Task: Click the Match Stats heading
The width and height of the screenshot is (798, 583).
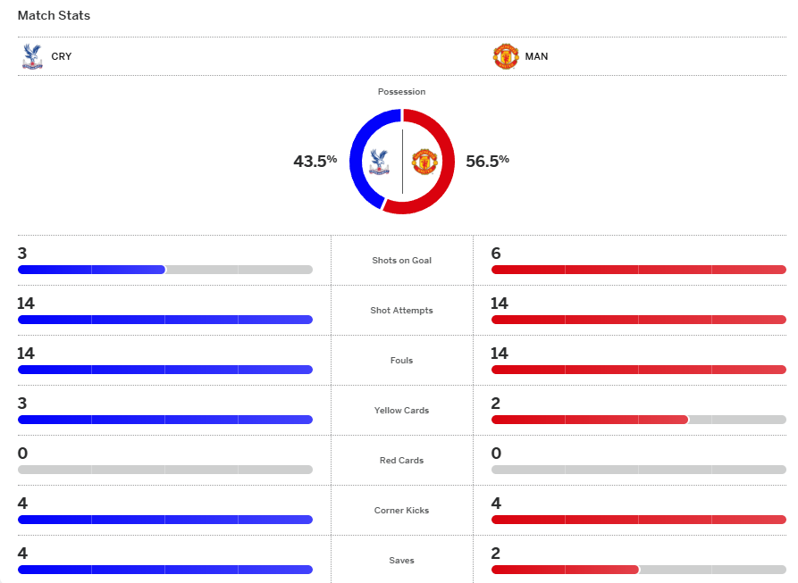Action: click(54, 16)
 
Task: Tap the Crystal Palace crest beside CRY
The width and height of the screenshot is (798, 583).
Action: click(32, 56)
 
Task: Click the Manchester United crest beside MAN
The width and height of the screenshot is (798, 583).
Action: click(506, 56)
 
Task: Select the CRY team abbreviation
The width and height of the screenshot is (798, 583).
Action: click(62, 56)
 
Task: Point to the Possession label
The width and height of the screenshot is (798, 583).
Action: click(401, 92)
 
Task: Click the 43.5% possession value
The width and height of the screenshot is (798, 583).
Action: click(315, 161)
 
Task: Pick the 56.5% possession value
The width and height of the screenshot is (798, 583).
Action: click(487, 161)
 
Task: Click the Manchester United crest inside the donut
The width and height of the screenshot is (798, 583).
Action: click(423, 162)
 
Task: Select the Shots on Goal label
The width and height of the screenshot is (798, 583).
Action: click(401, 261)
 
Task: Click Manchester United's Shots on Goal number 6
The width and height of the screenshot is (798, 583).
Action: click(496, 254)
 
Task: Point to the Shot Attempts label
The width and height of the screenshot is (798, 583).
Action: click(401, 311)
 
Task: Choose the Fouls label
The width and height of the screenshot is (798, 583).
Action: click(401, 361)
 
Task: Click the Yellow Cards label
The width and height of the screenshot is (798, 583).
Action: click(401, 411)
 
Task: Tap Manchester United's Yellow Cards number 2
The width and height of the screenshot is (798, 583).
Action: click(496, 404)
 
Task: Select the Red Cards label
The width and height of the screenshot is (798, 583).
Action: click(401, 461)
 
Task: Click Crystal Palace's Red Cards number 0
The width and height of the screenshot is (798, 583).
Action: click(22, 454)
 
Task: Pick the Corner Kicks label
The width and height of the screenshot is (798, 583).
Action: click(401, 511)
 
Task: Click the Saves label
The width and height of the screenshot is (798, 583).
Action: click(401, 561)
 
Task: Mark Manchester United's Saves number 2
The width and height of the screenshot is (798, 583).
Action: click(496, 554)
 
